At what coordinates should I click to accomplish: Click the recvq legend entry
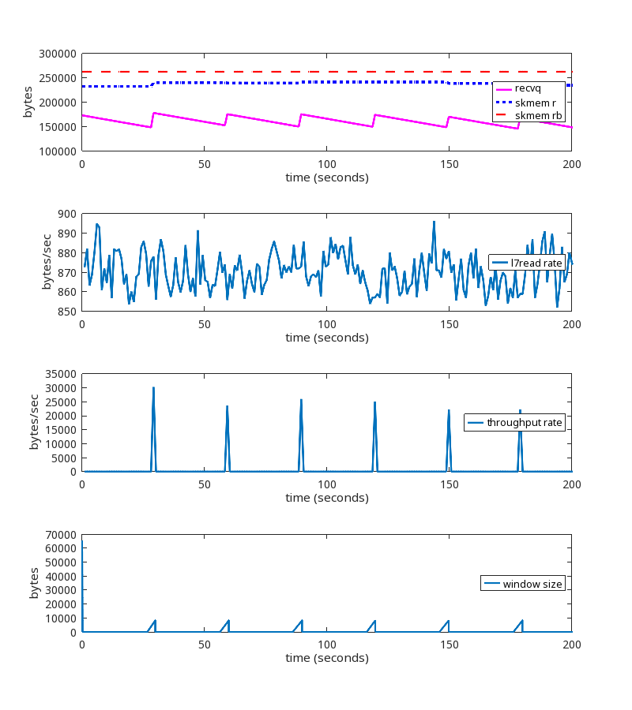click(x=528, y=88)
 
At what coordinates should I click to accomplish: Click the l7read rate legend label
click(x=536, y=262)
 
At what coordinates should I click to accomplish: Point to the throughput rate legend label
click(x=525, y=423)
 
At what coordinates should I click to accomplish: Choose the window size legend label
click(x=532, y=584)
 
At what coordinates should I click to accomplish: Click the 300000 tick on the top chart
click(x=57, y=54)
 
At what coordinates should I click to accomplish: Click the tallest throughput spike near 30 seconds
click(x=153, y=387)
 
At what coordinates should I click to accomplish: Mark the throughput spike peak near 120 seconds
click(x=374, y=402)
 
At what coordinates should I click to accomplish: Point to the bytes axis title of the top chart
click(x=28, y=102)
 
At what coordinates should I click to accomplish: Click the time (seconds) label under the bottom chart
click(x=327, y=658)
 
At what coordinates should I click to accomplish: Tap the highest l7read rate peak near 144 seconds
click(x=434, y=222)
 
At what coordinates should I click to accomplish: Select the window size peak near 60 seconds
click(x=228, y=621)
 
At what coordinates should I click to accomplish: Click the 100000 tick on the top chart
click(x=57, y=151)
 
